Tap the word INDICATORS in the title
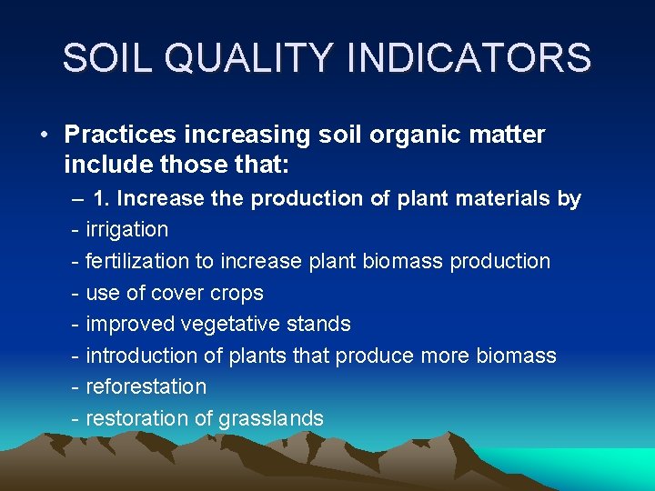point(470,58)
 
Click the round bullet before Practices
point(44,135)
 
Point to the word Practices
point(120,135)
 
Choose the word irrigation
point(126,229)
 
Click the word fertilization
point(137,261)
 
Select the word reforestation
point(146,386)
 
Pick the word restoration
point(136,418)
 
